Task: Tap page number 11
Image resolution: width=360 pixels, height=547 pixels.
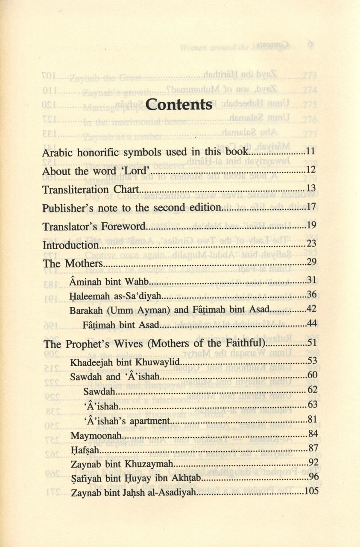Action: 311,152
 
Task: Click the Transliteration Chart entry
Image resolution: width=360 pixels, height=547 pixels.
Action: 91,189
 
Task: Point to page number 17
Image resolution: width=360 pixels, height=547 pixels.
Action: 311,208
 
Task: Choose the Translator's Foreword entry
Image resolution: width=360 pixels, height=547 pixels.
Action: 94,226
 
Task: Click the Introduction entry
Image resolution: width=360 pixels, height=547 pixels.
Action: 70,245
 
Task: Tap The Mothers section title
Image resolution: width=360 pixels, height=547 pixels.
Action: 73,264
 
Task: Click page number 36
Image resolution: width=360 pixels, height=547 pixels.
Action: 311,295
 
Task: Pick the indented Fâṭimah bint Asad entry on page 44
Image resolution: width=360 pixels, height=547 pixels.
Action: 121,325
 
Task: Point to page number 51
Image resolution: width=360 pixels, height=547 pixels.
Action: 311,343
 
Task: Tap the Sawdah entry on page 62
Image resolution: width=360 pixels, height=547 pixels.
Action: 99,391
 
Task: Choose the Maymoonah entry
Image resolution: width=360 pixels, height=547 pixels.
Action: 97,436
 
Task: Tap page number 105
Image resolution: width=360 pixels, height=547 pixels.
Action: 311,491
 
